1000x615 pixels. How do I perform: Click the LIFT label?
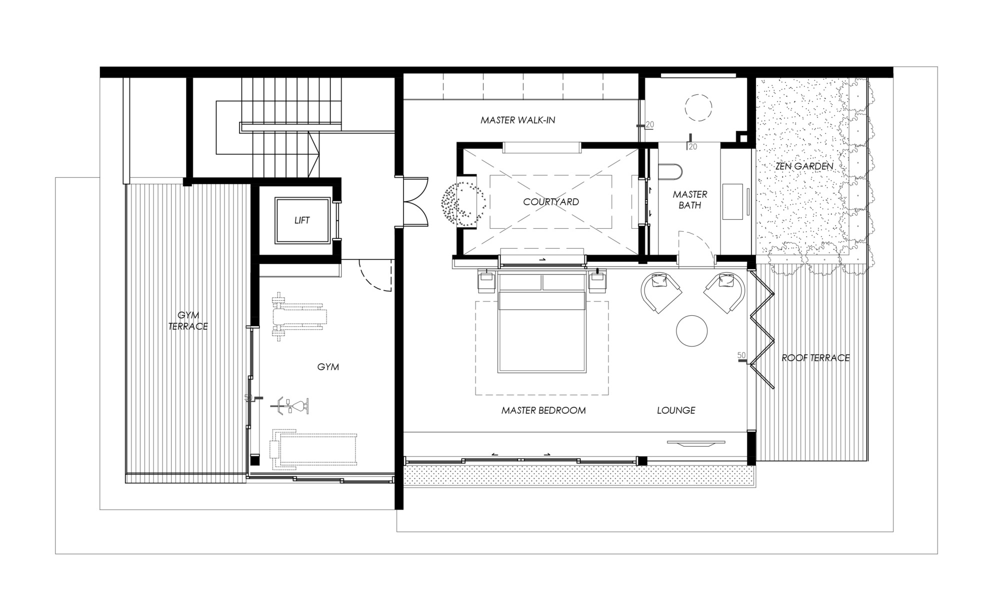click(x=302, y=220)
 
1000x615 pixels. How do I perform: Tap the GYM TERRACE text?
click(x=188, y=321)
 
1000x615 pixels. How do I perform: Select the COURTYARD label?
click(x=550, y=202)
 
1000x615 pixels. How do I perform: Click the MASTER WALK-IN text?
click(x=517, y=120)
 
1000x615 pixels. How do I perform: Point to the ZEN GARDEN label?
click(x=804, y=166)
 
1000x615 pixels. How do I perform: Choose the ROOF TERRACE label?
click(x=815, y=358)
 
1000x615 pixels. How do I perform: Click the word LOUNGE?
click(x=676, y=410)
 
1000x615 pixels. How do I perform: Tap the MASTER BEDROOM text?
click(x=543, y=411)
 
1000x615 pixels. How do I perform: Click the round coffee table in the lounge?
click(x=692, y=330)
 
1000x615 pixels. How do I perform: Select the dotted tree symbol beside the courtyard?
click(x=462, y=202)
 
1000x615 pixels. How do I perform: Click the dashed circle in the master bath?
click(x=697, y=107)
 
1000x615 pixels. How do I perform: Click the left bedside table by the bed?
click(x=487, y=282)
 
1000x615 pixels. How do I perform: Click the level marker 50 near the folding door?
click(x=742, y=356)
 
